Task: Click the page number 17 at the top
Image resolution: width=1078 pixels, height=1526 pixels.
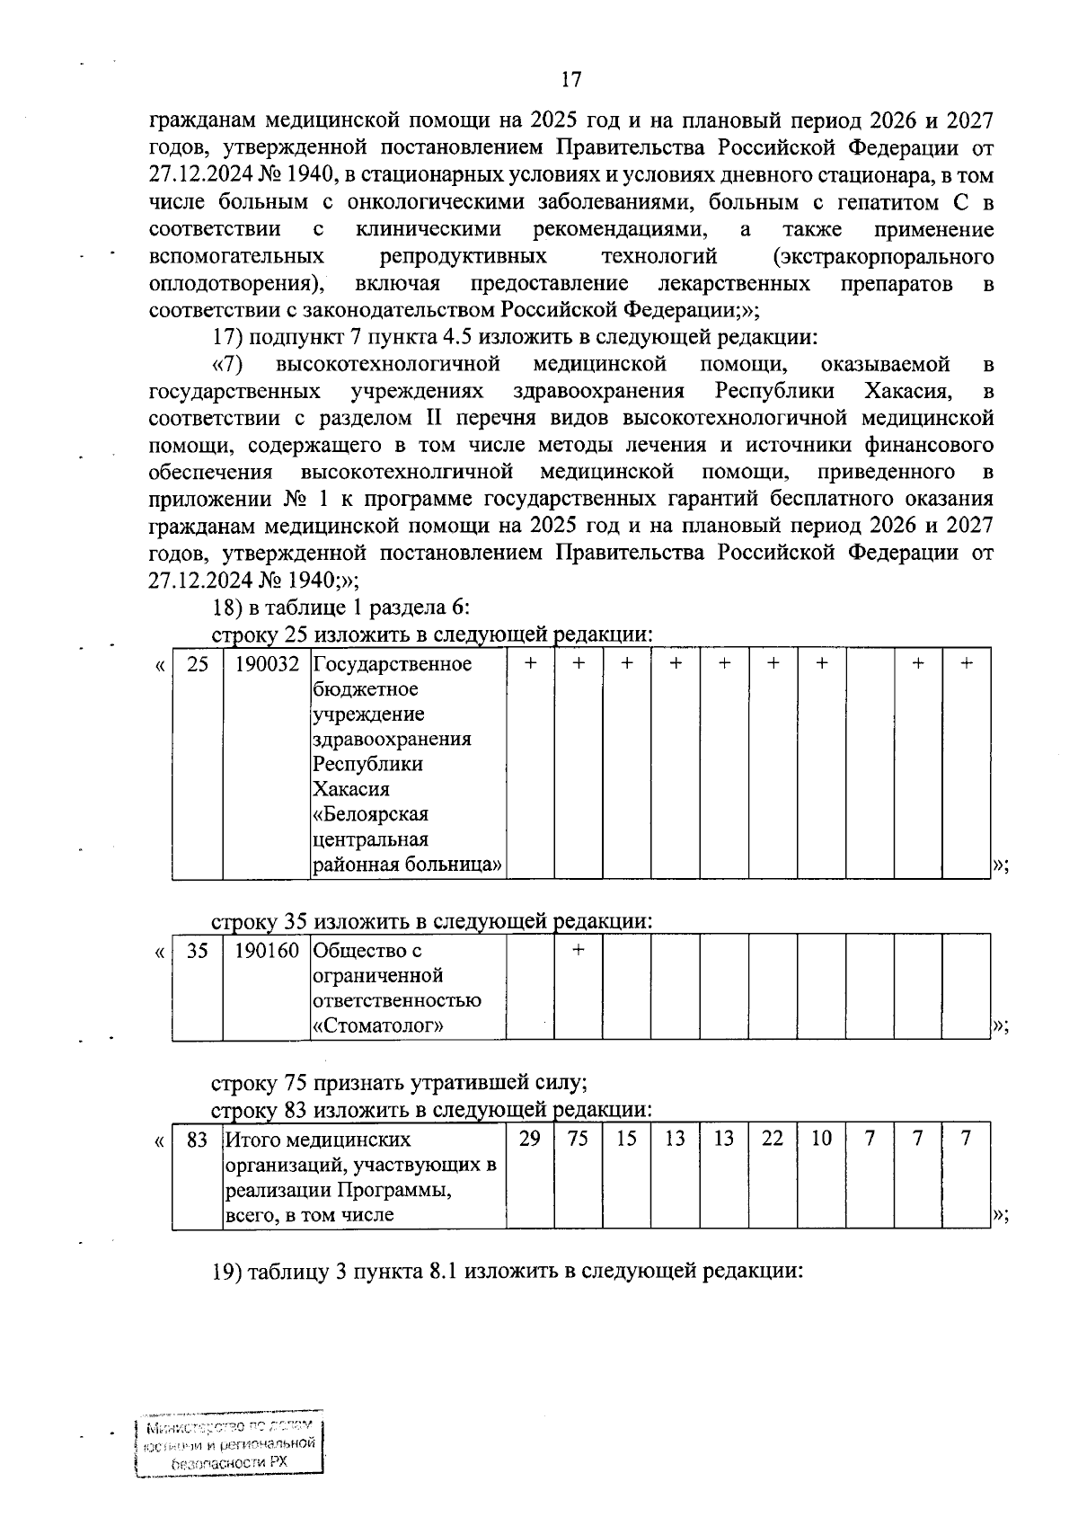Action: click(x=571, y=80)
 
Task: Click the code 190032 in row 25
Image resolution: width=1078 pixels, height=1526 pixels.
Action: click(x=267, y=664)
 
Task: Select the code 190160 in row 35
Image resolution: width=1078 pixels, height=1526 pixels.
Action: click(x=267, y=951)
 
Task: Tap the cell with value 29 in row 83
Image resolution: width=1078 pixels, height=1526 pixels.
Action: click(x=530, y=1139)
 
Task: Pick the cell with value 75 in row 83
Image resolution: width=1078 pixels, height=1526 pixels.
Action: click(x=579, y=1139)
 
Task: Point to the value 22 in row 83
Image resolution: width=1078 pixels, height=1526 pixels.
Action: click(x=773, y=1139)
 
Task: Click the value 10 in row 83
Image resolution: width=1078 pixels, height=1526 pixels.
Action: click(x=821, y=1139)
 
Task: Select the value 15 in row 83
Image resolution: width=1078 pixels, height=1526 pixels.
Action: click(x=627, y=1139)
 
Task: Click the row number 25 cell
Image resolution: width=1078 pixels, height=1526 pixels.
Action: click(x=197, y=664)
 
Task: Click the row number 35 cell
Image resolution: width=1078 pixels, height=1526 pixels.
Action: click(x=197, y=951)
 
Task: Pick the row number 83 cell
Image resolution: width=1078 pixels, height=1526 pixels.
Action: click(x=197, y=1140)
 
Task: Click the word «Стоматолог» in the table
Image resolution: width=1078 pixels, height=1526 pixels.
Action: click(x=378, y=1026)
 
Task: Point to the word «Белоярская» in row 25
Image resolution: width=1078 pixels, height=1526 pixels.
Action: click(x=370, y=814)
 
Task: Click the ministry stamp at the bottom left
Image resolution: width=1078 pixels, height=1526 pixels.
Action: click(x=228, y=1445)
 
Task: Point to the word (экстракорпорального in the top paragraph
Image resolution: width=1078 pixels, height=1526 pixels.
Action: click(x=883, y=258)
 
